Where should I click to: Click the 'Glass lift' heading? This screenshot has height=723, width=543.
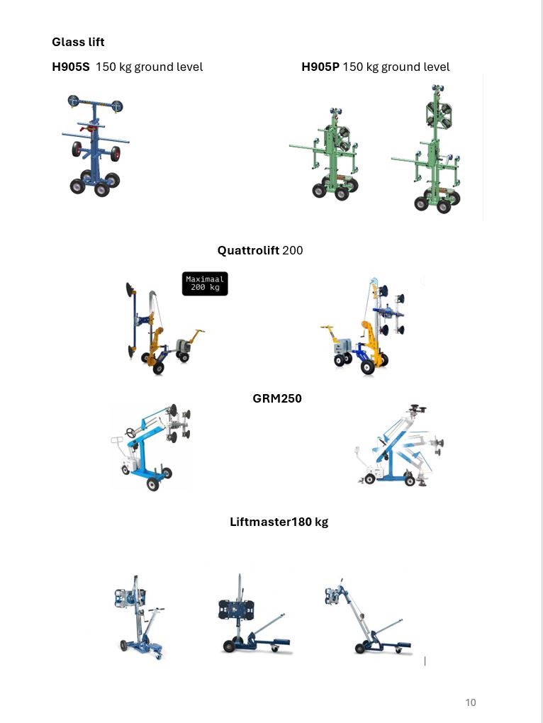[78, 42]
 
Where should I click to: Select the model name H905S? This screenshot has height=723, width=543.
[70, 67]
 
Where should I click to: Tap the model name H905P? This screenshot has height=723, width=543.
[320, 67]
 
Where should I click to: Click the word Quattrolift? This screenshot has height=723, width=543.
[248, 250]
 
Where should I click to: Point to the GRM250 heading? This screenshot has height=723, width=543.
[277, 398]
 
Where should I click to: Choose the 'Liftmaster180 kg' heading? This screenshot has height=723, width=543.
[279, 522]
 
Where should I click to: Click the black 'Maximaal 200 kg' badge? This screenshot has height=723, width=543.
[205, 283]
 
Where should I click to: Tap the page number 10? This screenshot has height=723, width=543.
[470, 702]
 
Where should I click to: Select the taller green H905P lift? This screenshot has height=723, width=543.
[427, 148]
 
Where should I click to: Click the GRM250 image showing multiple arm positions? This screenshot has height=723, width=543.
[399, 445]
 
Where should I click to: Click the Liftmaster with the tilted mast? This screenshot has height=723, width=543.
[367, 616]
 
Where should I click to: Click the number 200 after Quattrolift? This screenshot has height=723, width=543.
[293, 250]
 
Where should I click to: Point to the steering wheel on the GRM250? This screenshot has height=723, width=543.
[131, 432]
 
